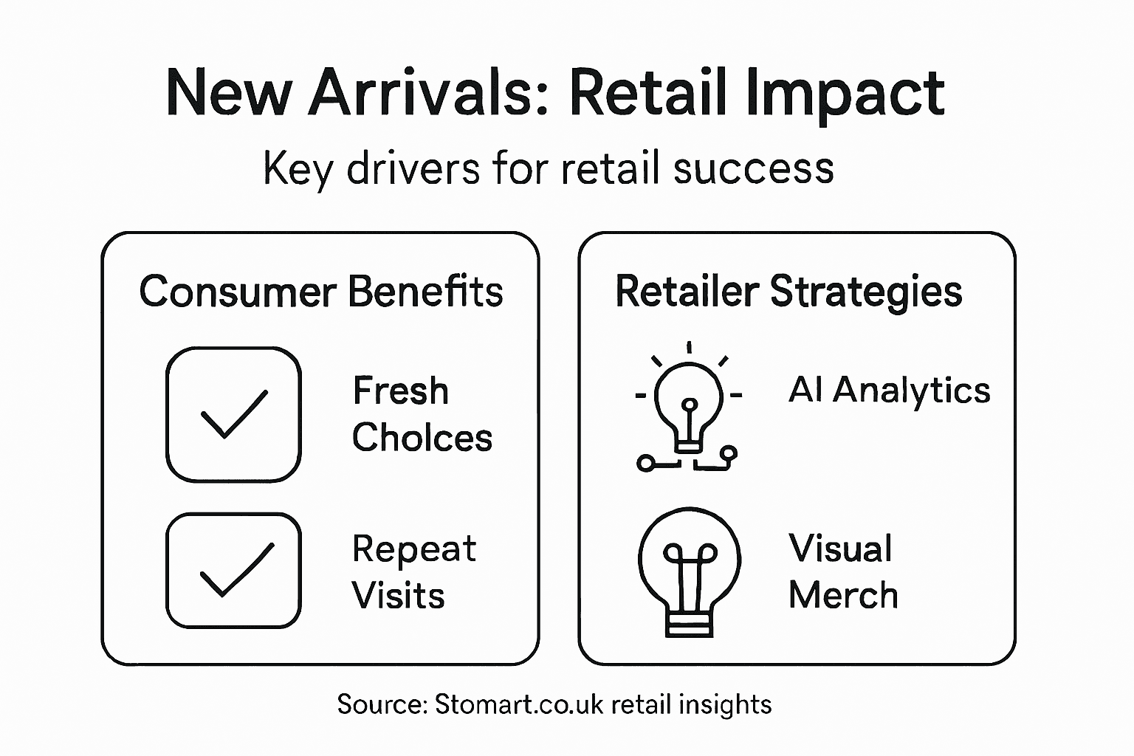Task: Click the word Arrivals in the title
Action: tap(430, 94)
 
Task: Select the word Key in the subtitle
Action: tap(297, 169)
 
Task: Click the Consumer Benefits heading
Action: tap(321, 291)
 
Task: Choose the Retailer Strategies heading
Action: tap(788, 291)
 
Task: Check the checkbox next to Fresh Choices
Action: tap(233, 414)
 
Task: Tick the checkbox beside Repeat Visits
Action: tap(233, 570)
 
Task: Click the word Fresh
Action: tap(400, 391)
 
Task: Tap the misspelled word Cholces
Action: tap(422, 438)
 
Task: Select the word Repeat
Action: tap(413, 549)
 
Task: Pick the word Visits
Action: tap(398, 596)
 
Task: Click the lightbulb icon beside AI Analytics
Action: tap(688, 410)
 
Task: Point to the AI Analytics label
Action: tap(889, 390)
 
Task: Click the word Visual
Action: tap(840, 549)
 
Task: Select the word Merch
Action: tap(843, 596)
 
